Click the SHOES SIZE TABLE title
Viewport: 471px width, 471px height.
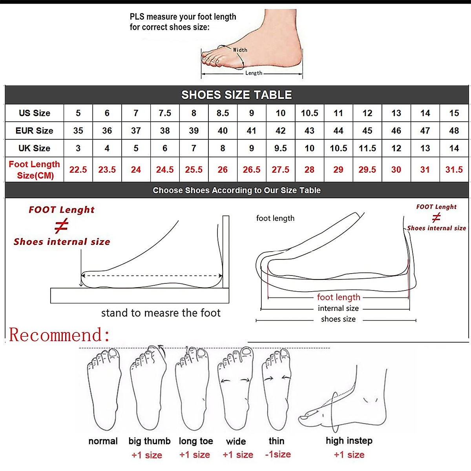point(236,95)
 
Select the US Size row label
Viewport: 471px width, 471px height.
point(35,113)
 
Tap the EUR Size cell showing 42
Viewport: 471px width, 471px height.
point(280,131)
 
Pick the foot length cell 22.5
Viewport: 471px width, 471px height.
point(78,170)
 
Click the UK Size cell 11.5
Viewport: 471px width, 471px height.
point(367,148)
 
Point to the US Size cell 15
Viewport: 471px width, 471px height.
point(454,113)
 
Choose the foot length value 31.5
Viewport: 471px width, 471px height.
point(454,170)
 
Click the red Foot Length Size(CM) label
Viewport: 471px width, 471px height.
point(35,170)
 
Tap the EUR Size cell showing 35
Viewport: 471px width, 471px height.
point(78,131)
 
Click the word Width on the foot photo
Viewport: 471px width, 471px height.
point(240,50)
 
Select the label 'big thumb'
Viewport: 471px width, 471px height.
point(149,441)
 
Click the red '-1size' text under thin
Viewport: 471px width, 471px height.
point(278,455)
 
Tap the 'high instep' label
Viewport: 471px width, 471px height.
point(349,441)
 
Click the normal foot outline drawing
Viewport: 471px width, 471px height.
point(104,389)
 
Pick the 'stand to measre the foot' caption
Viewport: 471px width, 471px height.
point(161,313)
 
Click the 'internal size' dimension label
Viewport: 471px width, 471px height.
point(338,309)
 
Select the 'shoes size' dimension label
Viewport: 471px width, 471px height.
point(338,319)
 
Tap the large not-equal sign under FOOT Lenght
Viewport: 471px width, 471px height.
point(61,226)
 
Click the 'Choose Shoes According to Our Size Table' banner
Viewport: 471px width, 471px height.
point(236,190)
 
